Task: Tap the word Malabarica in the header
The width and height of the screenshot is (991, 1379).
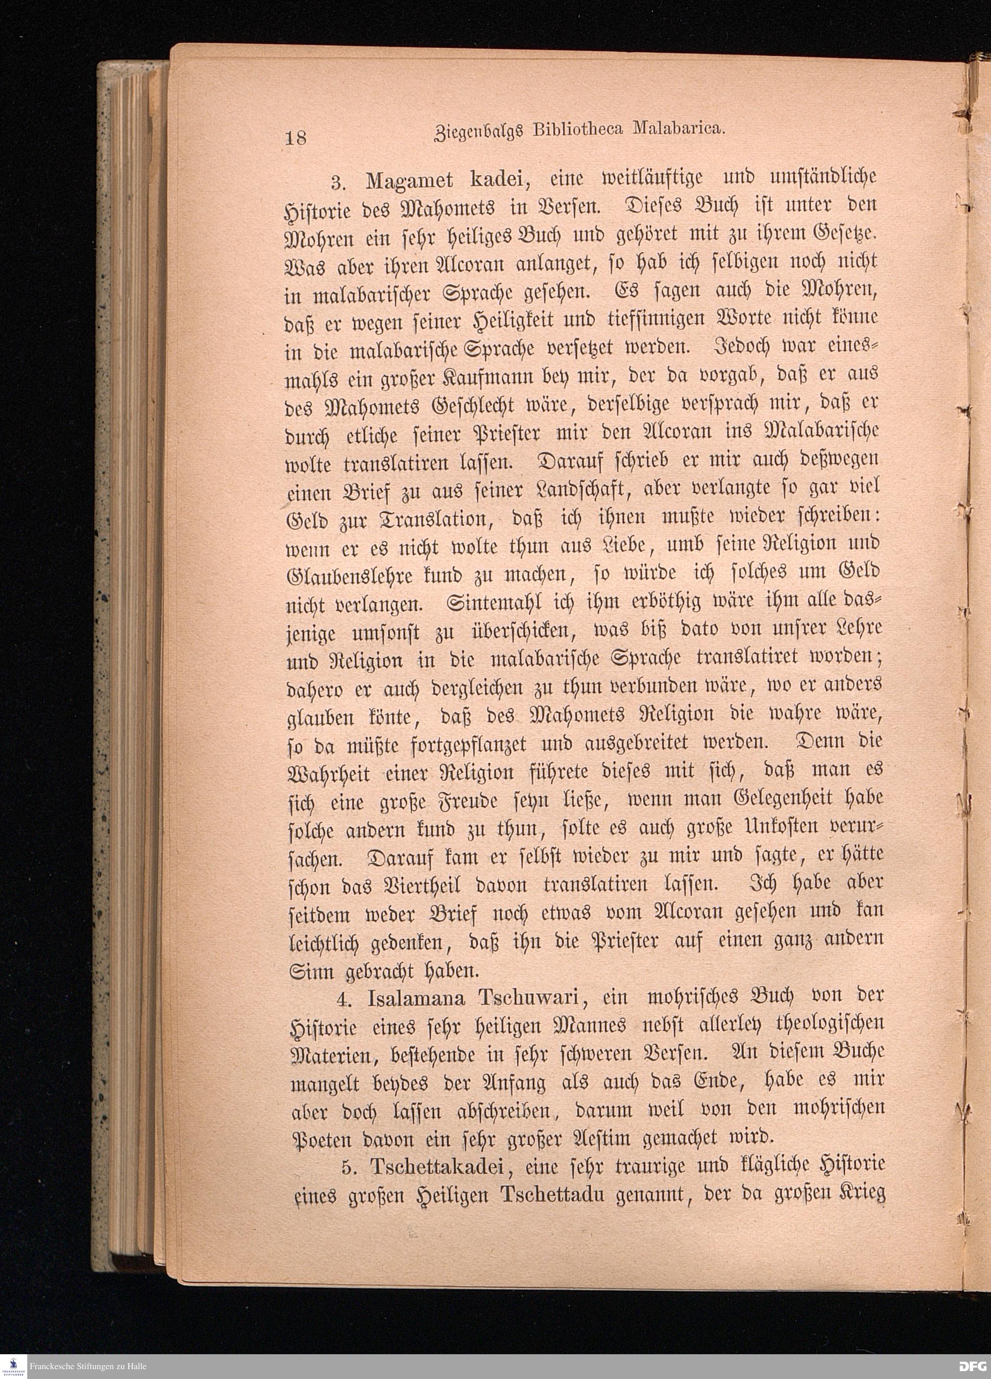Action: pos(677,128)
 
